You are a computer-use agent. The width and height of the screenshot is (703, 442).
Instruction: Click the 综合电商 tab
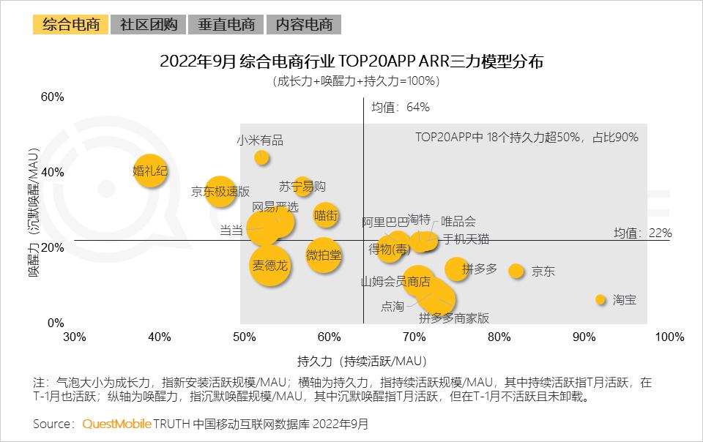click(70, 24)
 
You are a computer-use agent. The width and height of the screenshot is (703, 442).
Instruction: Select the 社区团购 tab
click(149, 24)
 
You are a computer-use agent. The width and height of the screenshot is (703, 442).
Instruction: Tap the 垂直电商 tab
click(226, 24)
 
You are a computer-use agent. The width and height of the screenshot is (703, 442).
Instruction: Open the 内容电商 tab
click(304, 24)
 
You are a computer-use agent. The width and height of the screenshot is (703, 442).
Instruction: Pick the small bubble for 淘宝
click(600, 299)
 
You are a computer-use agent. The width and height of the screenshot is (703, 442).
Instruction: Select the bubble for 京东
click(516, 271)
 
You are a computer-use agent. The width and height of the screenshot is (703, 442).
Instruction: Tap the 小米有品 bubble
click(261, 157)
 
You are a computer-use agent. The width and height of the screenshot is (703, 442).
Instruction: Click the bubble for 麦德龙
click(270, 265)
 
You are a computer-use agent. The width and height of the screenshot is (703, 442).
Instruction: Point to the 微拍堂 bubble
click(324, 255)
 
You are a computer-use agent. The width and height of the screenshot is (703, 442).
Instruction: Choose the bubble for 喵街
click(326, 215)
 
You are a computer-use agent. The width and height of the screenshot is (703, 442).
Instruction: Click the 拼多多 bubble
click(456, 269)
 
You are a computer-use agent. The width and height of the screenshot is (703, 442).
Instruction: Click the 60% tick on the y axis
click(52, 97)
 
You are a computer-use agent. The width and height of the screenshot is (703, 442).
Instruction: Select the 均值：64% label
click(400, 108)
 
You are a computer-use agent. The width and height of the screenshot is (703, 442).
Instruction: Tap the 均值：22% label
click(642, 233)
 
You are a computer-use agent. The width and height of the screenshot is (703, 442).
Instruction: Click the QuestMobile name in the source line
click(117, 424)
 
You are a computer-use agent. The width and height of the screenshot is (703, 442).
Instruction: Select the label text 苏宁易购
click(302, 186)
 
